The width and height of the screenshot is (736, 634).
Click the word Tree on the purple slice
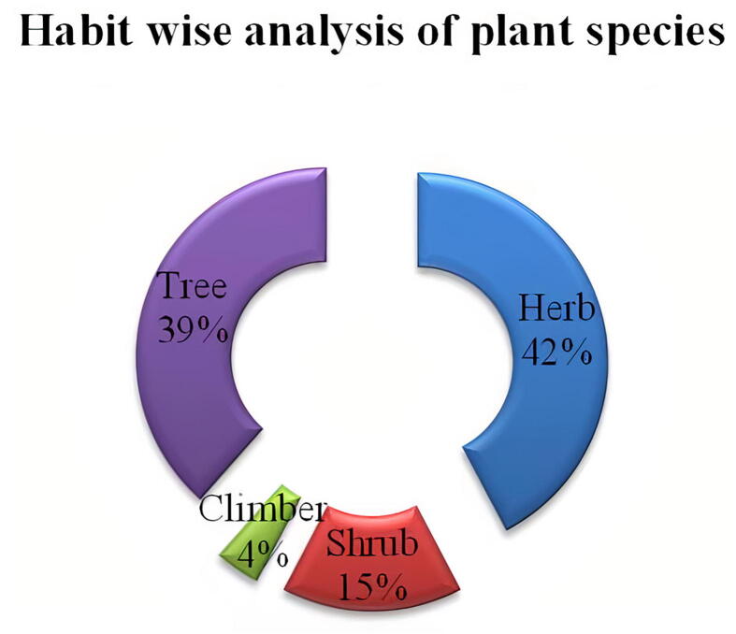pyautogui.click(x=193, y=285)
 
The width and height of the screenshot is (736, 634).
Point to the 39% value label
pyautogui.click(x=193, y=327)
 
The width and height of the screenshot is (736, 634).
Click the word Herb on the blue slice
pyautogui.click(x=556, y=308)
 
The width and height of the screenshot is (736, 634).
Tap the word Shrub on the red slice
pyautogui.click(x=372, y=542)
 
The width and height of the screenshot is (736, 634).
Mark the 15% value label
pyautogui.click(x=372, y=586)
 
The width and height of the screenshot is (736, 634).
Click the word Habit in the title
pyautogui.click(x=77, y=32)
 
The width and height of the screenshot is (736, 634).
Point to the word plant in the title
pyautogui.click(x=522, y=35)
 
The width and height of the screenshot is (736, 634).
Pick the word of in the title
pyautogui.click(x=438, y=31)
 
